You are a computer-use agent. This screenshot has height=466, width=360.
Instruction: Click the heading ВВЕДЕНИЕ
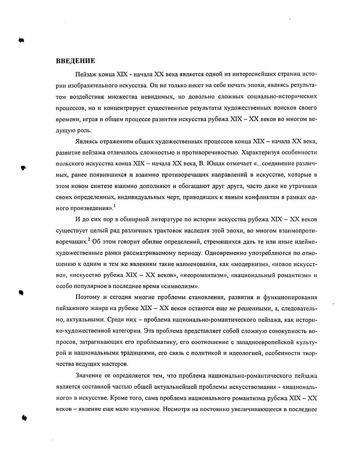tap(75, 61)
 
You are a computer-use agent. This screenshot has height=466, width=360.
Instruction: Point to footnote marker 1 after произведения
tap(102, 205)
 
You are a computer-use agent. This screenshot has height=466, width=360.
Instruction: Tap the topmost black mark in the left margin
tap(21, 40)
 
